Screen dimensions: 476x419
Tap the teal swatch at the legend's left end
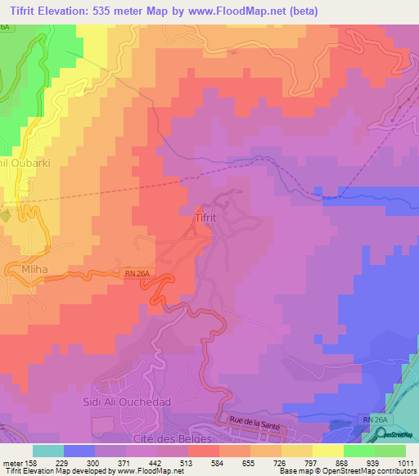(x=47, y=451)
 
